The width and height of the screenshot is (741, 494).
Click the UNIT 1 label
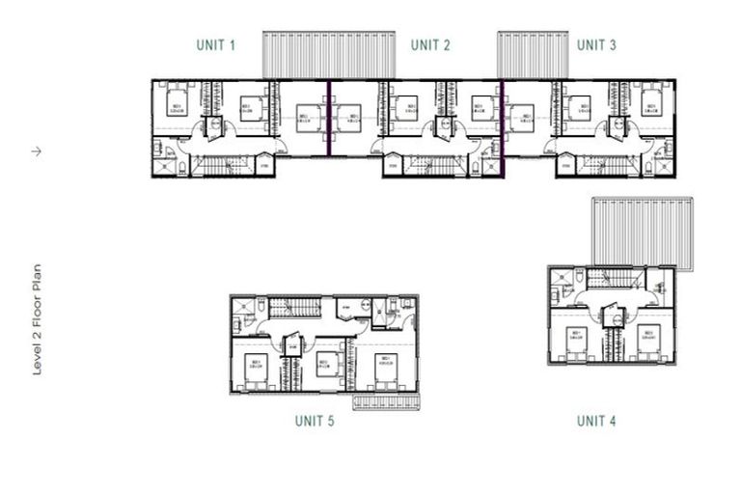click(x=216, y=45)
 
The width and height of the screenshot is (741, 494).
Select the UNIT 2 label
click(x=430, y=45)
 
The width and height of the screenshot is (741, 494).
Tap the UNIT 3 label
click(x=596, y=45)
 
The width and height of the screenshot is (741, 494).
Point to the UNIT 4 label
click(x=596, y=421)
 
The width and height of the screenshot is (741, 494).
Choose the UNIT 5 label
click(x=314, y=421)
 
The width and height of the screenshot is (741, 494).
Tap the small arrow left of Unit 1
click(x=37, y=151)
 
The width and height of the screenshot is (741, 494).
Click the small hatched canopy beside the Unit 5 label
click(x=386, y=400)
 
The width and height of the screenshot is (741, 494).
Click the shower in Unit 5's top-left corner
click(x=241, y=307)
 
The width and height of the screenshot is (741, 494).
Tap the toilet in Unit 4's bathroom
click(x=579, y=277)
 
